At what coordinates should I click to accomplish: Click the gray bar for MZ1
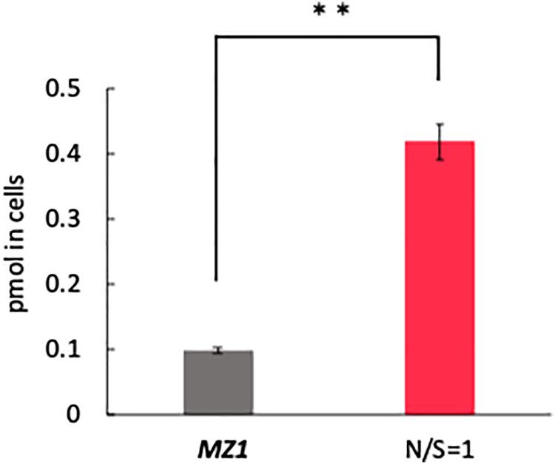click(218, 383)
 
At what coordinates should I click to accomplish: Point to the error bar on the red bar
click(440, 141)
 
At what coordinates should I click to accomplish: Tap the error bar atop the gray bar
click(218, 350)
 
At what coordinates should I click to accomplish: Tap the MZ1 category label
click(219, 447)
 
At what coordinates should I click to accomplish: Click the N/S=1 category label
click(440, 447)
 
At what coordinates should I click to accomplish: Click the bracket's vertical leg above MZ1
click(216, 155)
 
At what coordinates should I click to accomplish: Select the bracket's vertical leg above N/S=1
click(440, 58)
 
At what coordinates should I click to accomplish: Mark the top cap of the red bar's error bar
click(440, 124)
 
